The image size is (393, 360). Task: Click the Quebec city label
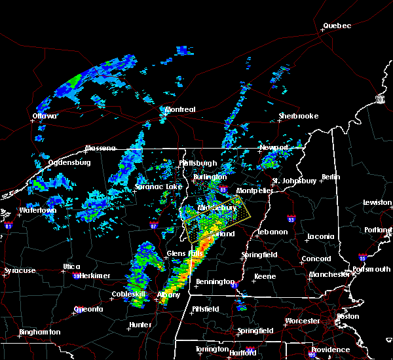(x=337, y=26)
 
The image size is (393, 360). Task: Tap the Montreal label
(x=180, y=109)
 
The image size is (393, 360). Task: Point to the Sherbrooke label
(x=298, y=116)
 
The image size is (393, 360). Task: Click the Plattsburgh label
(x=198, y=163)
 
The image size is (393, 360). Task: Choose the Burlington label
(x=210, y=177)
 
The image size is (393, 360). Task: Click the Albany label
(x=168, y=295)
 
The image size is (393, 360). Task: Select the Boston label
(x=347, y=316)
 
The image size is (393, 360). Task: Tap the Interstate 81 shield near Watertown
(x=9, y=226)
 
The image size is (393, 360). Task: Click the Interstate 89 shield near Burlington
(x=223, y=190)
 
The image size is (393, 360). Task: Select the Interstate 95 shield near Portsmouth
(x=362, y=258)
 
